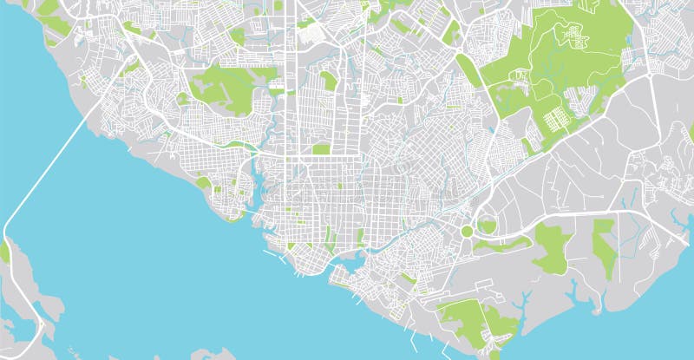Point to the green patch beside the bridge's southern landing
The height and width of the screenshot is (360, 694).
click(4, 252)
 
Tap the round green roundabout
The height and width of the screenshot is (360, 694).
click(468, 231)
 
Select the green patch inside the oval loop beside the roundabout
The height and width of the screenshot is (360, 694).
click(487, 226)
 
